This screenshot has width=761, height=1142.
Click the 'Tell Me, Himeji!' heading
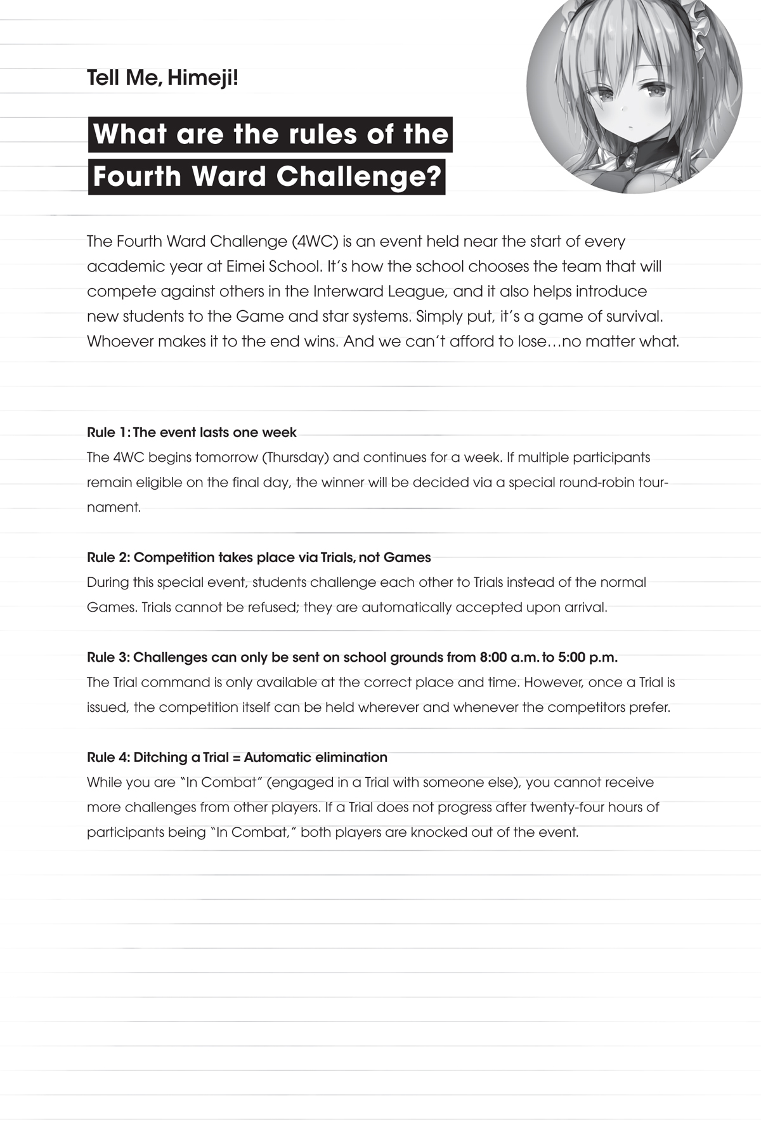(162, 79)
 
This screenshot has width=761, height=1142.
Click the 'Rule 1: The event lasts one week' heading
(192, 433)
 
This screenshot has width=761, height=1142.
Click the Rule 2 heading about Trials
(259, 558)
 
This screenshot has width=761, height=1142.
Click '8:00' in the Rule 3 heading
(493, 657)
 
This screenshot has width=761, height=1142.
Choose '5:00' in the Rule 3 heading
(571, 657)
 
